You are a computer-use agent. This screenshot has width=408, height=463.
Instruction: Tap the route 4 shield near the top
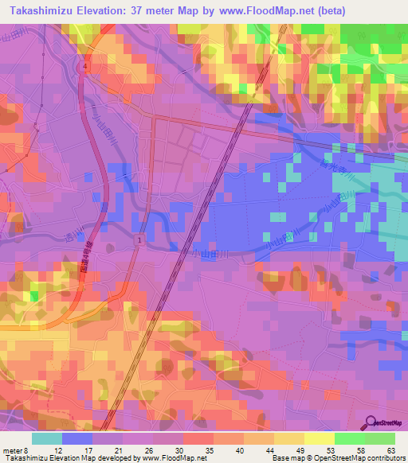[84, 68]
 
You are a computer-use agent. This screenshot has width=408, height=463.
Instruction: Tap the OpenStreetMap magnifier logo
[370, 423]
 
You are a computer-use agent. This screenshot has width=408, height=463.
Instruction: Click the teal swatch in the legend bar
[47, 438]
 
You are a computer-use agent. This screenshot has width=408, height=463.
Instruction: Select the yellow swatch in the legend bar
[320, 438]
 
